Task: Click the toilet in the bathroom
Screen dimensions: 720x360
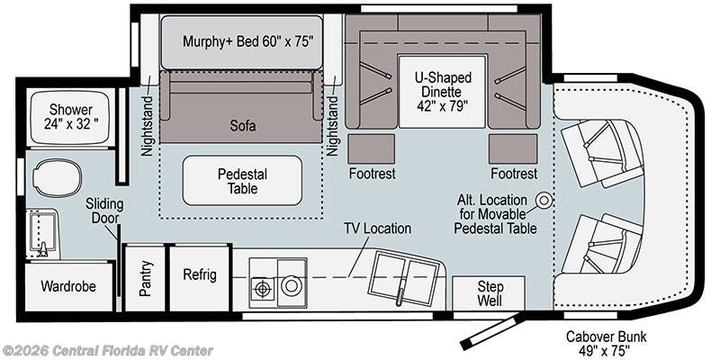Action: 58,178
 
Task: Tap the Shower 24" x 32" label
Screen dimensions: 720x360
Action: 71,117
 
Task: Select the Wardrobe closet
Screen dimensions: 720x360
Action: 68,286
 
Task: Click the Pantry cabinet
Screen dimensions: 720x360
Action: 145,278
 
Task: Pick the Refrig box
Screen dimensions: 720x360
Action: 200,275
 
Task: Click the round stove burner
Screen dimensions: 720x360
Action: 291,286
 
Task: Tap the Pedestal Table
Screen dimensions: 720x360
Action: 242,181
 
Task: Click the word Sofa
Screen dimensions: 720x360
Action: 243,126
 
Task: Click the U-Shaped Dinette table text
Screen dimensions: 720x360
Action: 443,92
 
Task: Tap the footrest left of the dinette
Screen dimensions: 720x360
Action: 372,148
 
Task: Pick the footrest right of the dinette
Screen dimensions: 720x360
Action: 513,148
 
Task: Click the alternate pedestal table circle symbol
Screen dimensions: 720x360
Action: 544,200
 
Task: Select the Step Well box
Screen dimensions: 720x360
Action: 489,293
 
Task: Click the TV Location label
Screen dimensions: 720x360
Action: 378,229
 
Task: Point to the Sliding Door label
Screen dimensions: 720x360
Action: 104,211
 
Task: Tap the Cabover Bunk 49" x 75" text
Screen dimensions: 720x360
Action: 606,343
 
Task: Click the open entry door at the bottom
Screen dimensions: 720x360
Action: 491,330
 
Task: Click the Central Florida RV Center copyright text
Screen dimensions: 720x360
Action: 107,351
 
